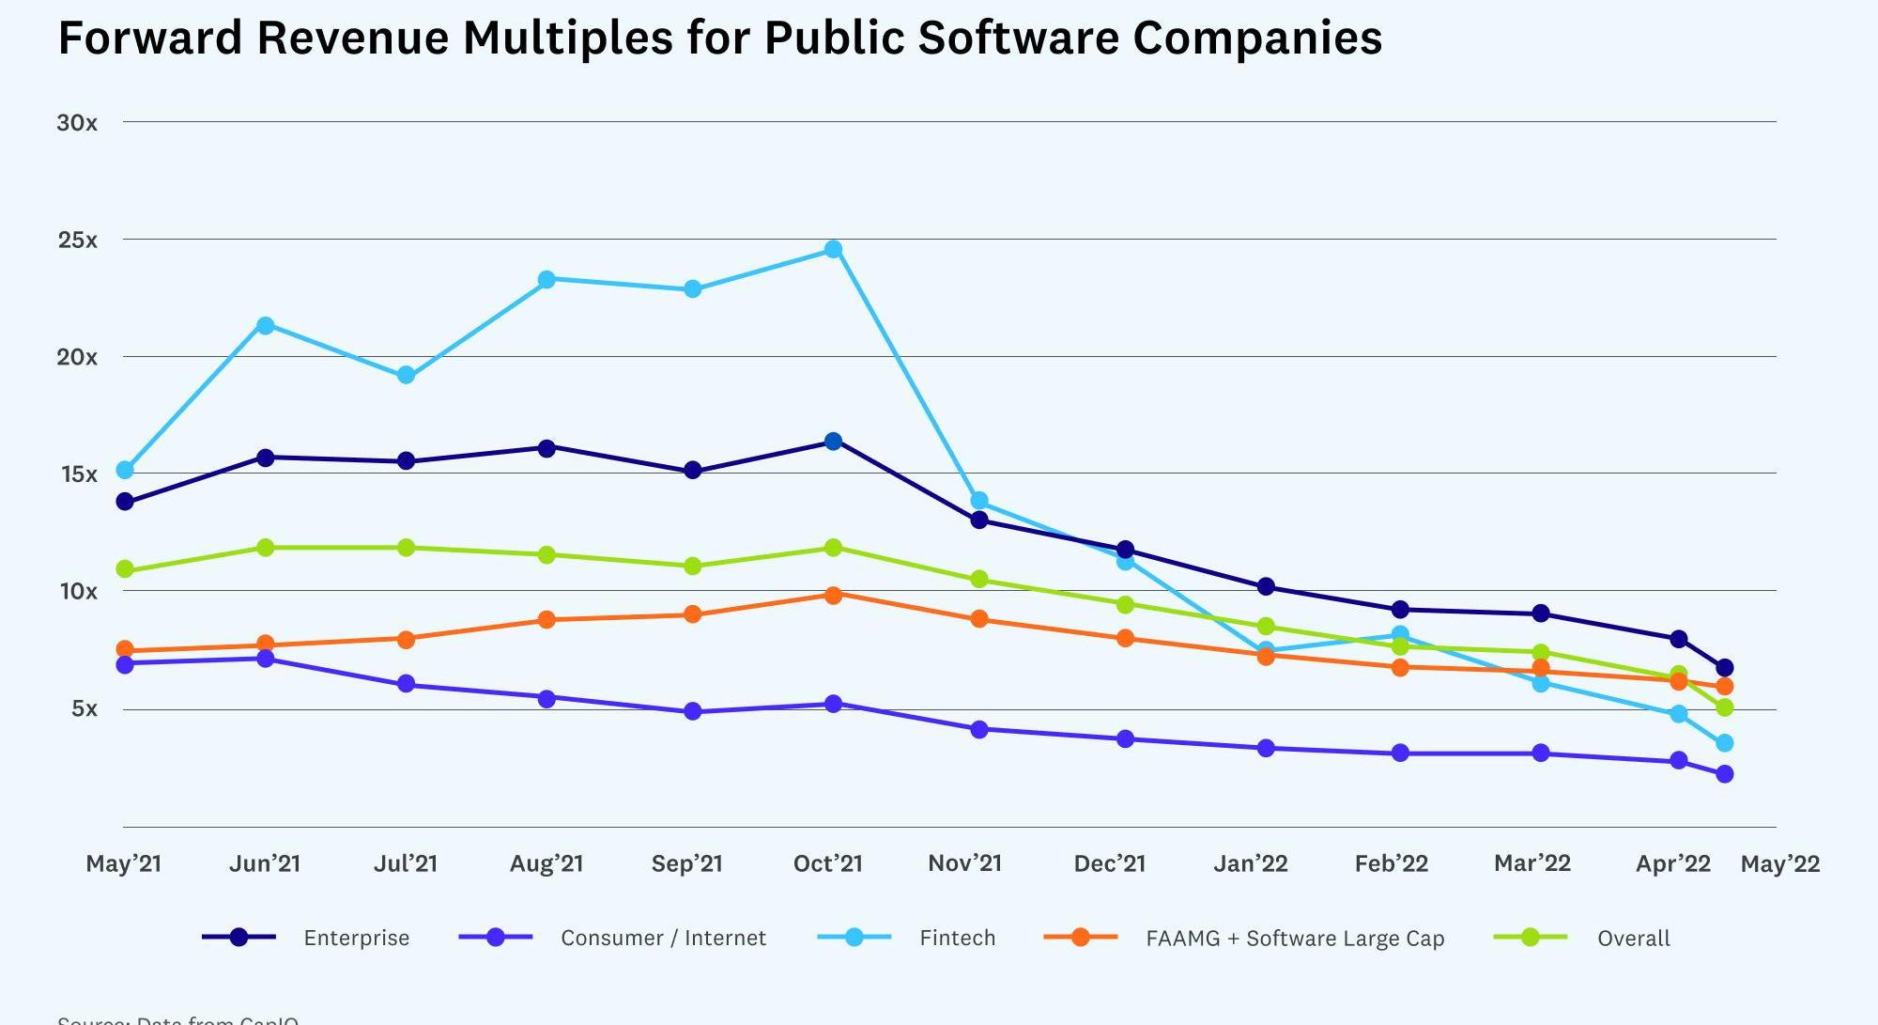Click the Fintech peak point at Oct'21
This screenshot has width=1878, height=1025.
click(x=833, y=249)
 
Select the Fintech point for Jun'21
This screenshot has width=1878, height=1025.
click(x=266, y=325)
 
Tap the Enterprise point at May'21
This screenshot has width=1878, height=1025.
click(x=125, y=502)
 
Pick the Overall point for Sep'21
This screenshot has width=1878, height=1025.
click(x=692, y=566)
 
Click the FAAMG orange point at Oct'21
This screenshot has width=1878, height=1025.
click(x=833, y=595)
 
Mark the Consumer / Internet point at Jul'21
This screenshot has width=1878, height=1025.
click(x=407, y=684)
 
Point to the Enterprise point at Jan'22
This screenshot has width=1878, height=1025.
click(x=1266, y=586)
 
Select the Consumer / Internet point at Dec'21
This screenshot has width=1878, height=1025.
click(x=1125, y=738)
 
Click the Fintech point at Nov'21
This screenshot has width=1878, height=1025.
click(x=979, y=501)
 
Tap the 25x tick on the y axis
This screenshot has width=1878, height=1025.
click(x=78, y=241)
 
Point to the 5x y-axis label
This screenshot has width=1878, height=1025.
click(x=85, y=708)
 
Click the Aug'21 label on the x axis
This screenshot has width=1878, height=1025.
click(x=546, y=863)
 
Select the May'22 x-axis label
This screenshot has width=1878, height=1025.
click(x=1780, y=863)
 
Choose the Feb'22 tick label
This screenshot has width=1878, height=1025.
click(x=1392, y=863)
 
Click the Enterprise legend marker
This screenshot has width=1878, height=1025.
click(x=239, y=937)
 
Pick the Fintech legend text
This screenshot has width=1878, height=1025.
click(x=957, y=938)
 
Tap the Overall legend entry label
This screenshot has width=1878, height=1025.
click(x=1633, y=938)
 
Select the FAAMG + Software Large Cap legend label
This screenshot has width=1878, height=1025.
click(x=1295, y=938)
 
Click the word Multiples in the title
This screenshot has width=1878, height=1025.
click(x=568, y=39)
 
